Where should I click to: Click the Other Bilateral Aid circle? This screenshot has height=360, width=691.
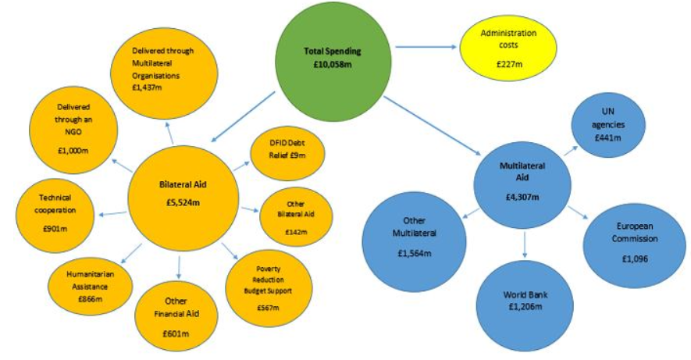pyautogui.click(x=297, y=212)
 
